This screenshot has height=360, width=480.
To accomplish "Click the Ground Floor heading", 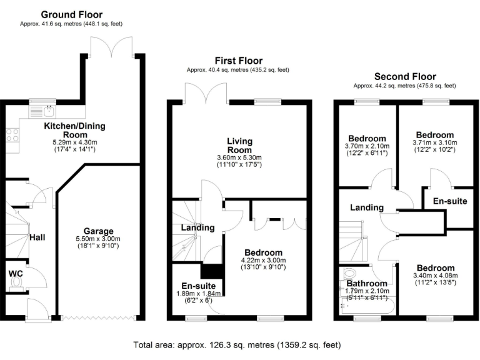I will pyautogui.click(x=72, y=14).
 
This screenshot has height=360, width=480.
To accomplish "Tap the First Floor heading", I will pyautogui.click(x=237, y=60).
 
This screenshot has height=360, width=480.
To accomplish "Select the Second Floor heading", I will pyautogui.click(x=404, y=76).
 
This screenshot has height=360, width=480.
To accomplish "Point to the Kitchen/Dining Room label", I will pyautogui.click(x=74, y=130).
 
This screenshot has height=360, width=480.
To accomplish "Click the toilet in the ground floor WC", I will pyautogui.click(x=16, y=283).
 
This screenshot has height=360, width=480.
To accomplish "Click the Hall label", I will pyautogui.click(x=38, y=237).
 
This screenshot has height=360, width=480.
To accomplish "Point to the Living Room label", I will pyautogui.click(x=240, y=146).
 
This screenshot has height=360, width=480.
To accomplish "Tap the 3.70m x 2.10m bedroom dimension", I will pyautogui.click(x=367, y=147).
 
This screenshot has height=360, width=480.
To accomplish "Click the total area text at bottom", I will pyautogui.click(x=237, y=344).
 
